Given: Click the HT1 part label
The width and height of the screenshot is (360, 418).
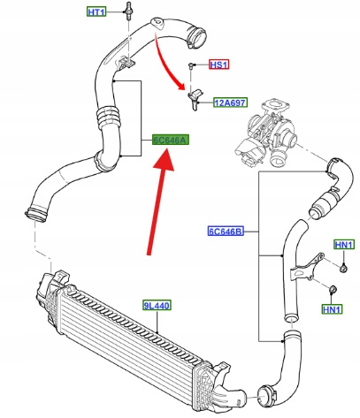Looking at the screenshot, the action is (x=96, y=12).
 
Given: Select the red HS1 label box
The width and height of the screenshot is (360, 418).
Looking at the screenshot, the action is (x=218, y=65).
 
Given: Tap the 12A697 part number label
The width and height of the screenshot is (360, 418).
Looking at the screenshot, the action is (x=230, y=103).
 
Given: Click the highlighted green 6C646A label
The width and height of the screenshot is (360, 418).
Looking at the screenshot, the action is (x=171, y=141).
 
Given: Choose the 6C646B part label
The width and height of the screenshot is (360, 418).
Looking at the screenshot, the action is (x=226, y=232).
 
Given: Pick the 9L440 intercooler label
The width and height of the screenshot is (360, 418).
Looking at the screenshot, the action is (x=157, y=306).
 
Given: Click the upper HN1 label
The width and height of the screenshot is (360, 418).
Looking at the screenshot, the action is (x=344, y=245).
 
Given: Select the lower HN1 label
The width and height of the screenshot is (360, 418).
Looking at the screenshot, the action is (x=332, y=309).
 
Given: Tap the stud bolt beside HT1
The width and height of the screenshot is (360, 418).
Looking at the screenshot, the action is (x=128, y=11).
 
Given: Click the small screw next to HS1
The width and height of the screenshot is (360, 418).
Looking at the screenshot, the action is (x=191, y=65).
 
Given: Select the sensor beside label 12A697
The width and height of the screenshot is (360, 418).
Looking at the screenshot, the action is (x=195, y=100).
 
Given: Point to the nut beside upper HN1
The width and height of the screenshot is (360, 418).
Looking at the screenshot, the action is (x=343, y=269).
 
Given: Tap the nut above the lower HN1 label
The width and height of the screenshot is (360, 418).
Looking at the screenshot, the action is (x=332, y=289).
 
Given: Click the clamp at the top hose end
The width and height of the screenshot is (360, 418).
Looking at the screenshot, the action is (x=195, y=36).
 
